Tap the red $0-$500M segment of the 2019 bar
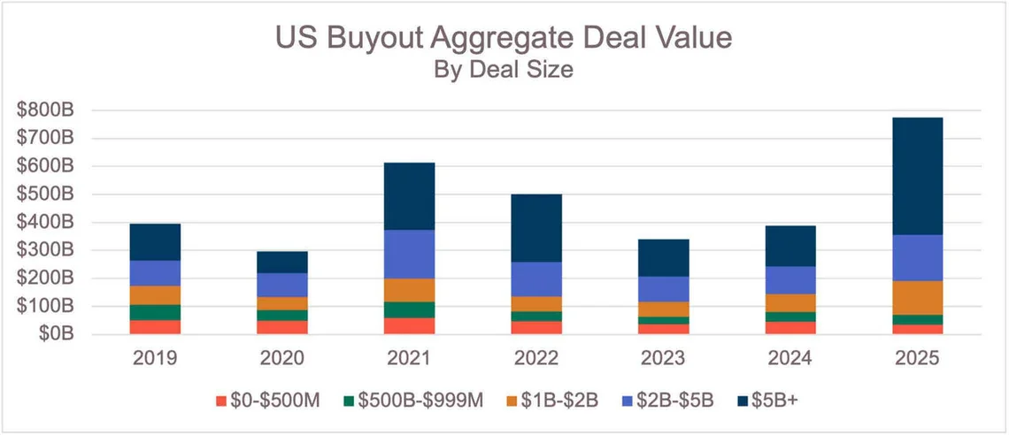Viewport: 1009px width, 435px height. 155,326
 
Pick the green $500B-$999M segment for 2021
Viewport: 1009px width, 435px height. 409,309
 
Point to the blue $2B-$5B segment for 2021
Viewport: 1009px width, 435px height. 409,254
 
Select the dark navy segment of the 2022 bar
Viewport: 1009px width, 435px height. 535,227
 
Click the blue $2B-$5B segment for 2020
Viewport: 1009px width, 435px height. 282,285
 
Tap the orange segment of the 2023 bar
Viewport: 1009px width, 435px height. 663,309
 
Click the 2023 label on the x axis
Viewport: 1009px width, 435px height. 663,360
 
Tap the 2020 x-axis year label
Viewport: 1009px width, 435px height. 282,360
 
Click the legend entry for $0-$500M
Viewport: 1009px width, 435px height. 270,401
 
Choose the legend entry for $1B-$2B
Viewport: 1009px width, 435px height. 554,401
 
